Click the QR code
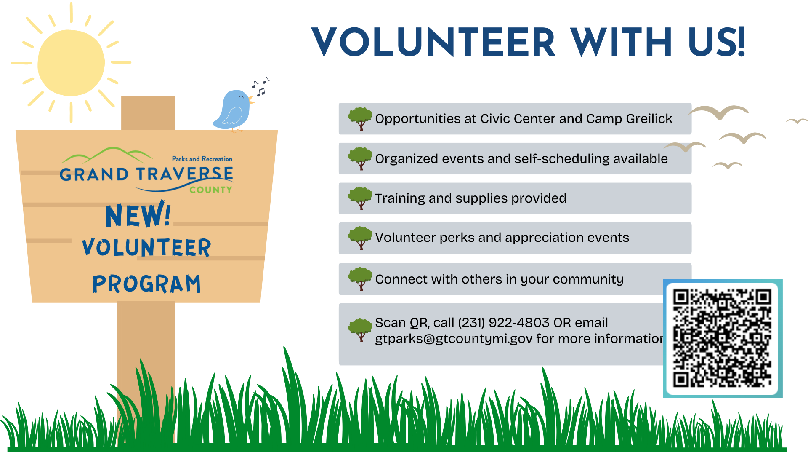click(x=722, y=338)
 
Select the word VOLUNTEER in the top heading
click(x=433, y=42)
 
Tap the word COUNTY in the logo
click(x=210, y=190)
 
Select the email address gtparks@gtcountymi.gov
click(x=454, y=339)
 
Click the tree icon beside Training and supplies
click(x=360, y=198)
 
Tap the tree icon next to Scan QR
click(x=360, y=329)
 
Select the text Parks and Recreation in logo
click(x=202, y=159)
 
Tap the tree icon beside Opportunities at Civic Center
click(x=360, y=118)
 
